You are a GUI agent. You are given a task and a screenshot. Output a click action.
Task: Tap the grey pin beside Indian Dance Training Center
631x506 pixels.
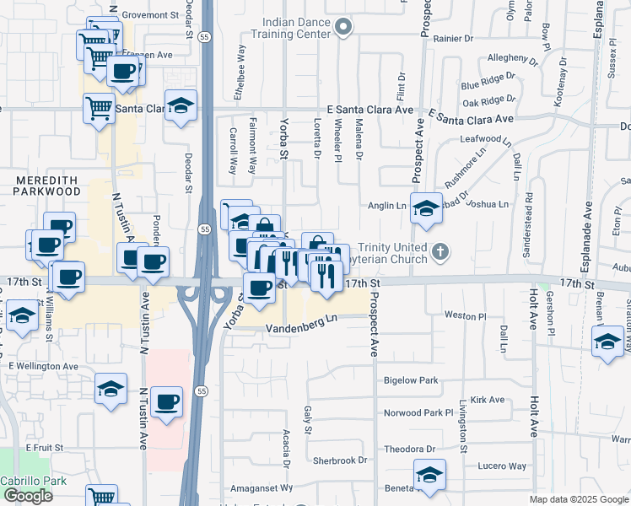pyautogui.click(x=342, y=28)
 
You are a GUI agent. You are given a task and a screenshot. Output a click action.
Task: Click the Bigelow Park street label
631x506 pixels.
pyautogui.click(x=411, y=381)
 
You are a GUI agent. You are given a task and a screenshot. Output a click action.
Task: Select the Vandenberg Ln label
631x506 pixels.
pyautogui.click(x=302, y=324)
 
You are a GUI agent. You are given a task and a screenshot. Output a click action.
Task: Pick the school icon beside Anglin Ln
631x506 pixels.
pyautogui.click(x=427, y=207)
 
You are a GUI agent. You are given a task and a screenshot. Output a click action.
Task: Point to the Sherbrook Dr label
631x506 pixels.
pyautogui.click(x=339, y=461)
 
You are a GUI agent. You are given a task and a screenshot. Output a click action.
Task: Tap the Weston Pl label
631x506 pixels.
pyautogui.click(x=466, y=316)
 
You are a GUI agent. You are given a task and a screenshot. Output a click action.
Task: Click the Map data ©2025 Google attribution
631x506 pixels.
pyautogui.click(x=578, y=499)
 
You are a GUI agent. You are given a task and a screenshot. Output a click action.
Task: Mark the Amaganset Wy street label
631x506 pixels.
pyautogui.click(x=262, y=487)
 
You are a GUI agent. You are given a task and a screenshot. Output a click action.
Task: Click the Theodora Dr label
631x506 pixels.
pyautogui.click(x=409, y=449)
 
